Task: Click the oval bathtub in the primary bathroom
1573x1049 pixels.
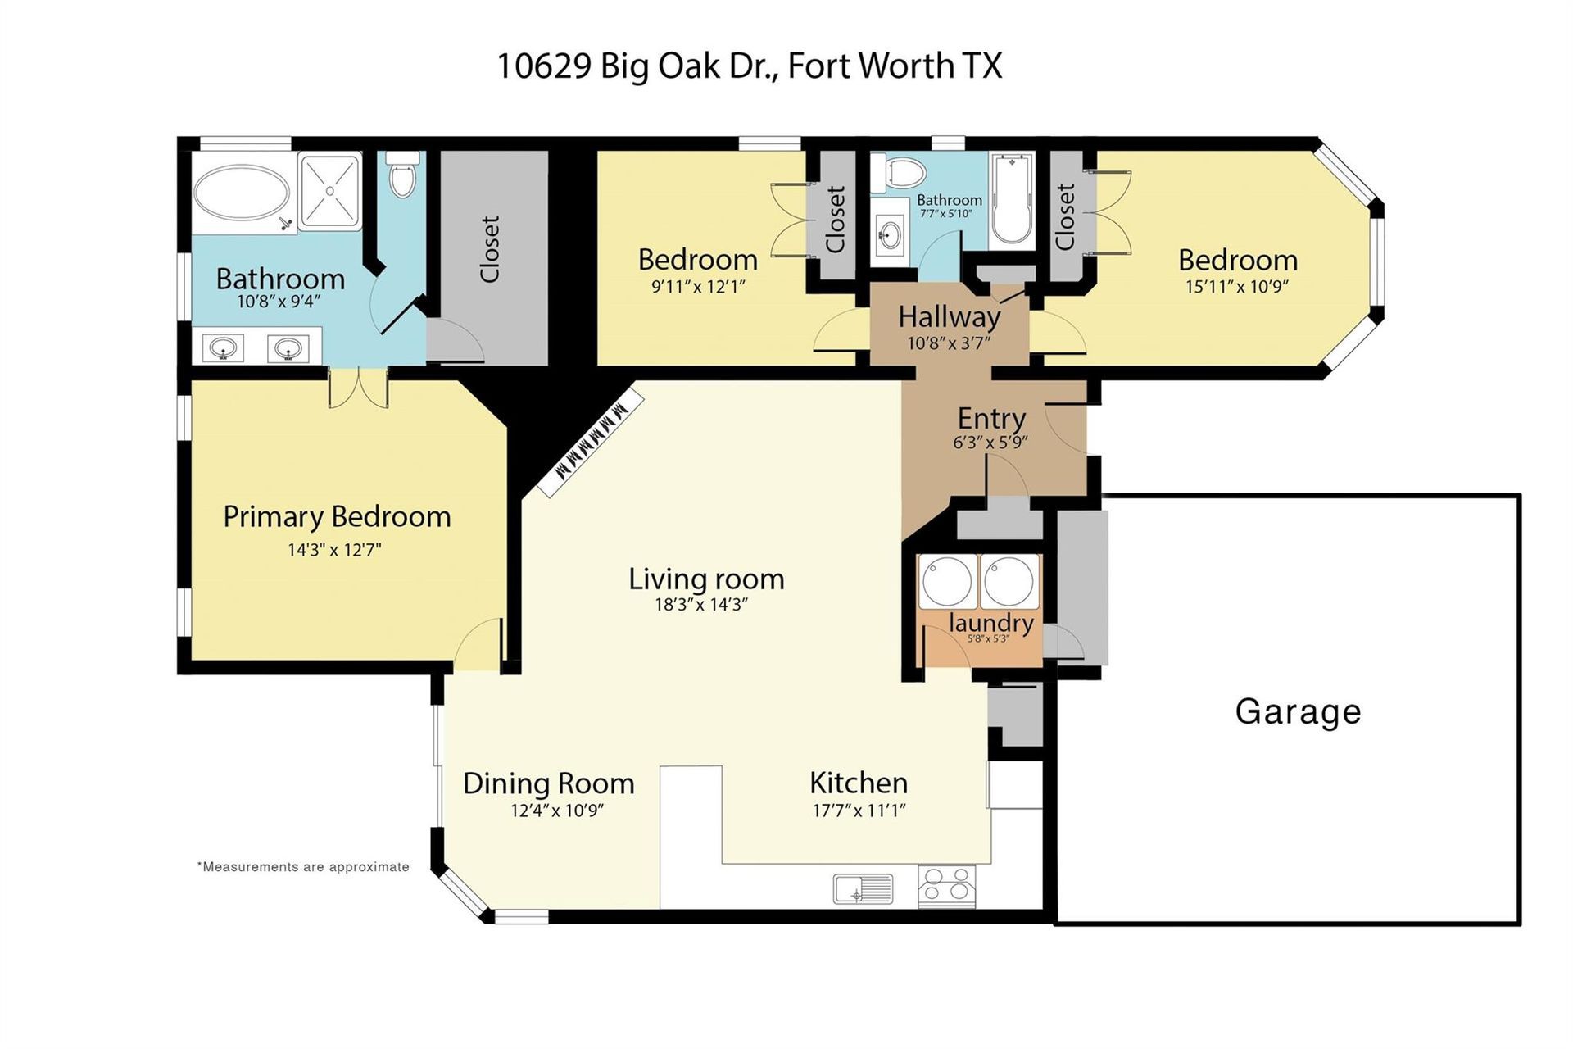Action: pos(241,193)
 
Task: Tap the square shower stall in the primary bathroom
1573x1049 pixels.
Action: pos(329,190)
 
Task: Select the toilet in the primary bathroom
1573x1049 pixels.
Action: pos(402,175)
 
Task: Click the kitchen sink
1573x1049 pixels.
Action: pos(863,888)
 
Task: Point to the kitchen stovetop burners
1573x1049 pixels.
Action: pos(947,887)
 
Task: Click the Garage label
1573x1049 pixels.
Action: pos(1298,712)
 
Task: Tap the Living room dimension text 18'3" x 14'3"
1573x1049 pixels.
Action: pos(701,605)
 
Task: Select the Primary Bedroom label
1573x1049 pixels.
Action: pos(337,517)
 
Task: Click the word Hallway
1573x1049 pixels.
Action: pos(949,317)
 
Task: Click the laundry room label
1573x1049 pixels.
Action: pos(990,623)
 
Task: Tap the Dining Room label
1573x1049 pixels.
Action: pos(549,783)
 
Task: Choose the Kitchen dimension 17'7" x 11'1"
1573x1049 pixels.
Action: pos(859,811)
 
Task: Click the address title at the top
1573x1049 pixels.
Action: pos(750,66)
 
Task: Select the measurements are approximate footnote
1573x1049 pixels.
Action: pos(303,867)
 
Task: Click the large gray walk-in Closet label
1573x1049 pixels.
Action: pos(489,249)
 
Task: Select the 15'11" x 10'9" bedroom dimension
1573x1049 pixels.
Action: pos(1237,287)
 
